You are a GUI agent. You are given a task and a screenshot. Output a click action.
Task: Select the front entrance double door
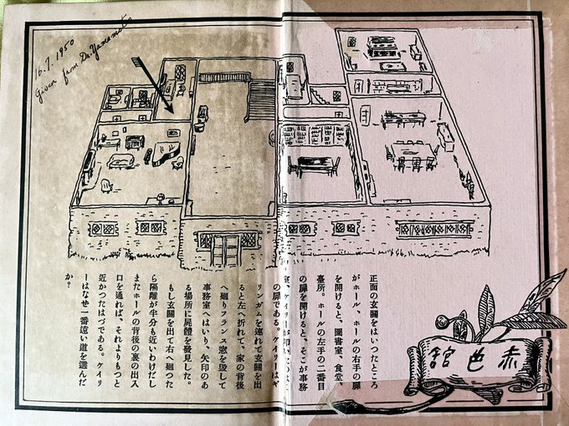point(224,249)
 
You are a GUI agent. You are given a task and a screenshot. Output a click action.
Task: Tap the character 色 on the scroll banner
point(480,359)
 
